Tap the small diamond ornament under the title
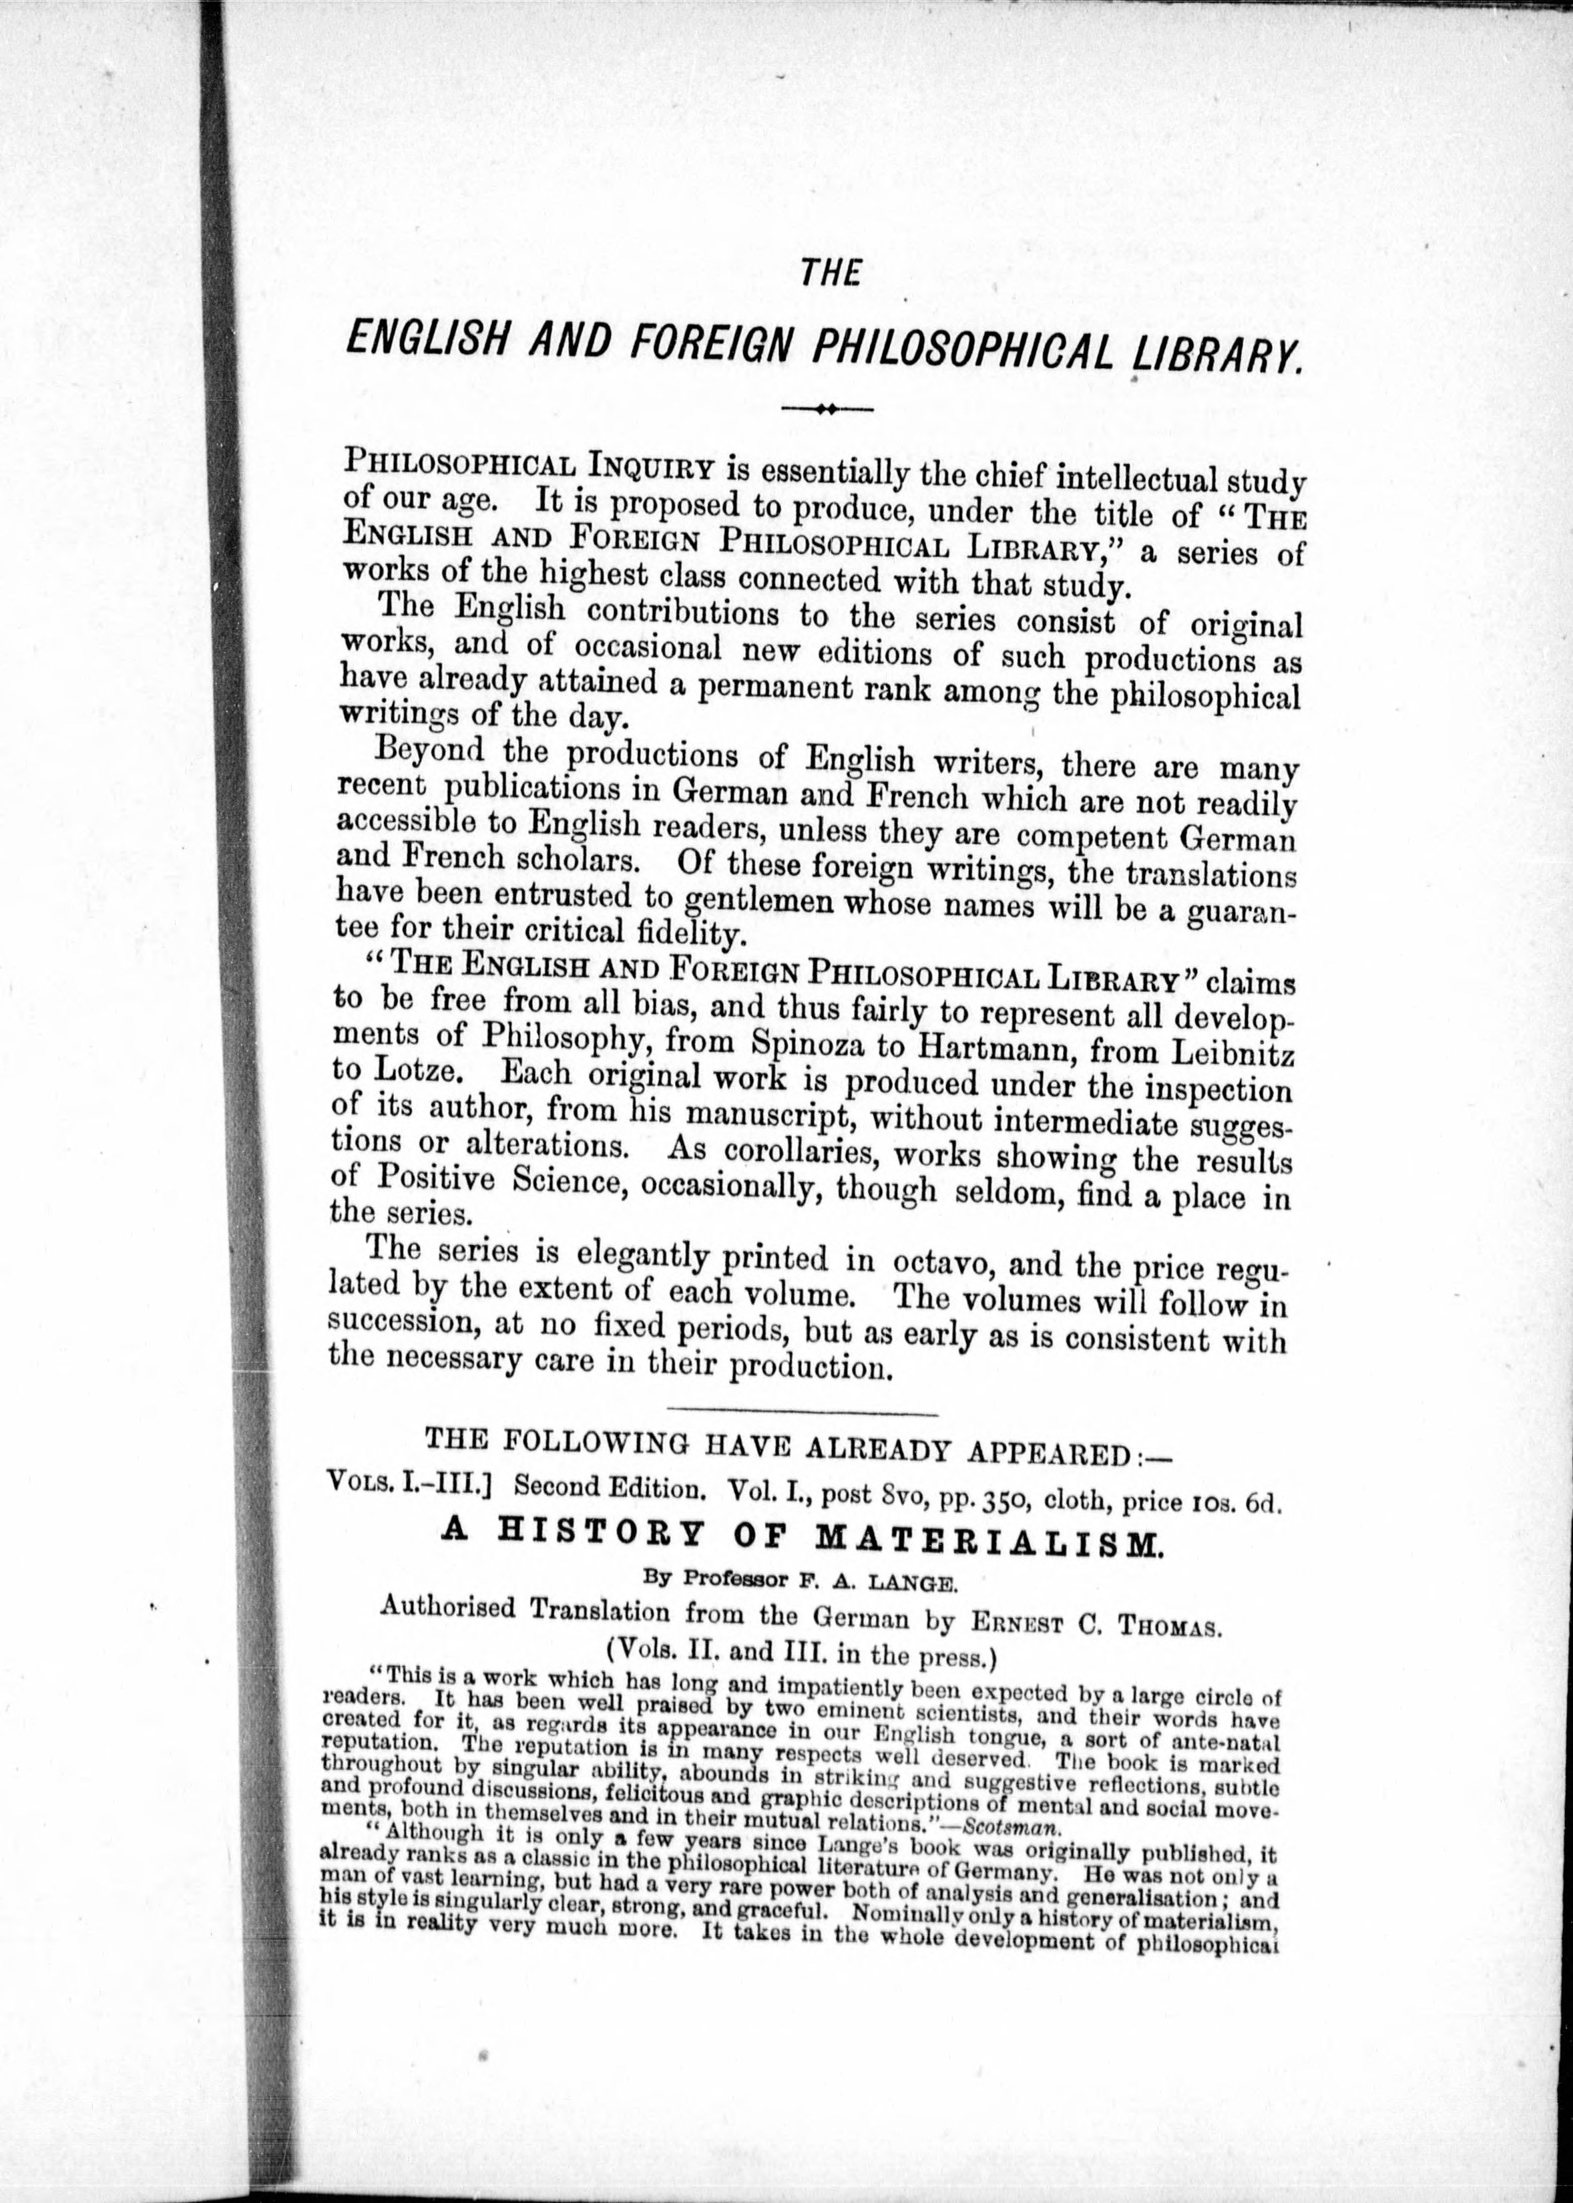click(x=826, y=409)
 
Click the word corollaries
click(x=804, y=1154)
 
